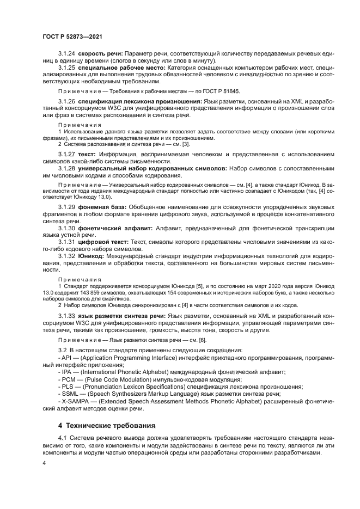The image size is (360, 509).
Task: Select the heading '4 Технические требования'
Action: (x=107, y=425)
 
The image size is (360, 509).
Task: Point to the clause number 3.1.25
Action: (x=67, y=68)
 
